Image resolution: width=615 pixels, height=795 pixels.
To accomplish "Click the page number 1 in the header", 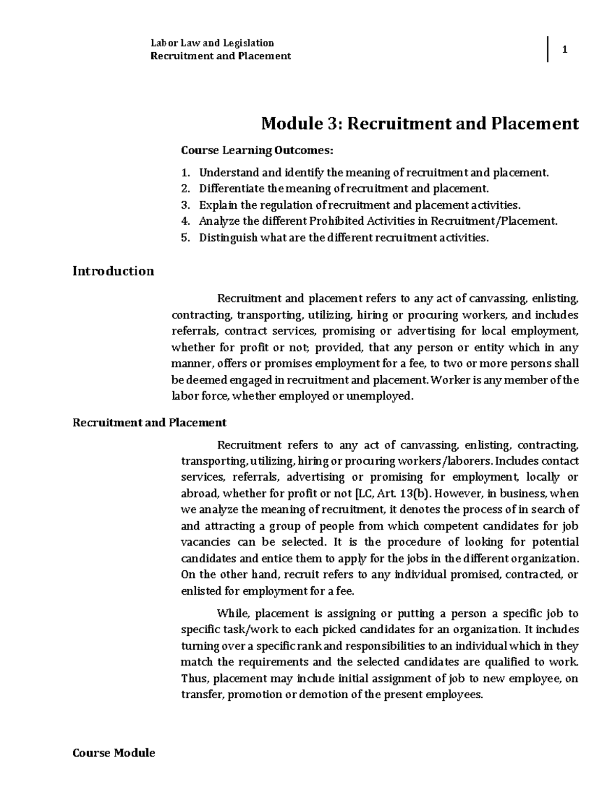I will (564, 50).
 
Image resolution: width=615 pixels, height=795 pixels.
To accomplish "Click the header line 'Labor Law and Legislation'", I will (212, 43).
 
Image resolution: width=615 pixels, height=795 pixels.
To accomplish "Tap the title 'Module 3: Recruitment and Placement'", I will (420, 123).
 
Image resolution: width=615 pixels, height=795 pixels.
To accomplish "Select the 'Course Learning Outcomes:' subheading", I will (257, 151).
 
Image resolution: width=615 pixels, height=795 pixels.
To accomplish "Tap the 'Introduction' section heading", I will (113, 271).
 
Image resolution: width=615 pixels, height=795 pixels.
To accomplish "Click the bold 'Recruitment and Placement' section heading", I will (149, 423).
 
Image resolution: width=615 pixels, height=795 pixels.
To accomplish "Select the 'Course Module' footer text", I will (114, 753).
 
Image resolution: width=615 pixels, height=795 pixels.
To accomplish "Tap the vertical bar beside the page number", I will (548, 50).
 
